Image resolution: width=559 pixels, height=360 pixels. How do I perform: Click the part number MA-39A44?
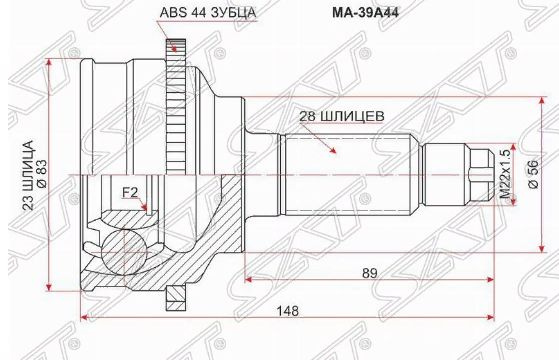(x=365, y=13)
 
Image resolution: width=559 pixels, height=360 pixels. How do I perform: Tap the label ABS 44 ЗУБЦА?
(x=208, y=13)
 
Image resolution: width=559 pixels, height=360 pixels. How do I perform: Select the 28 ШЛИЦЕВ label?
(x=342, y=116)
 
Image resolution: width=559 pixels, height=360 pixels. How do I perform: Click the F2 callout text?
(x=130, y=193)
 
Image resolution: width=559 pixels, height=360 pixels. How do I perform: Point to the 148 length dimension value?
(x=288, y=311)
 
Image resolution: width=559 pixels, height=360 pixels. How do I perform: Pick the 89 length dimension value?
(x=369, y=273)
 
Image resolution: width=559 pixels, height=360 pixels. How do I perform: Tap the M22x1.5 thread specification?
(x=506, y=174)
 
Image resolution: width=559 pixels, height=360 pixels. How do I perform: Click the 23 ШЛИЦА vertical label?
(x=29, y=175)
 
